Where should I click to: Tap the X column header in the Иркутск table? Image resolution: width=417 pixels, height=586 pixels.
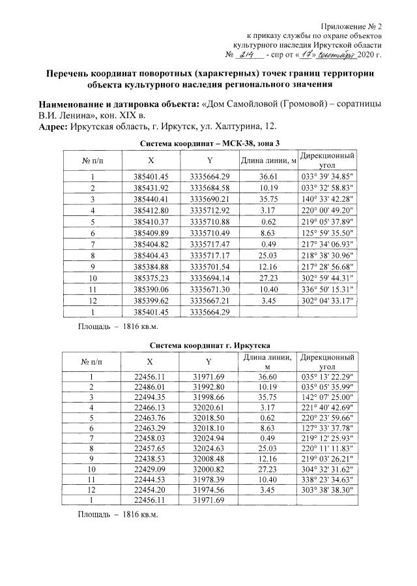pos(151,362)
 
